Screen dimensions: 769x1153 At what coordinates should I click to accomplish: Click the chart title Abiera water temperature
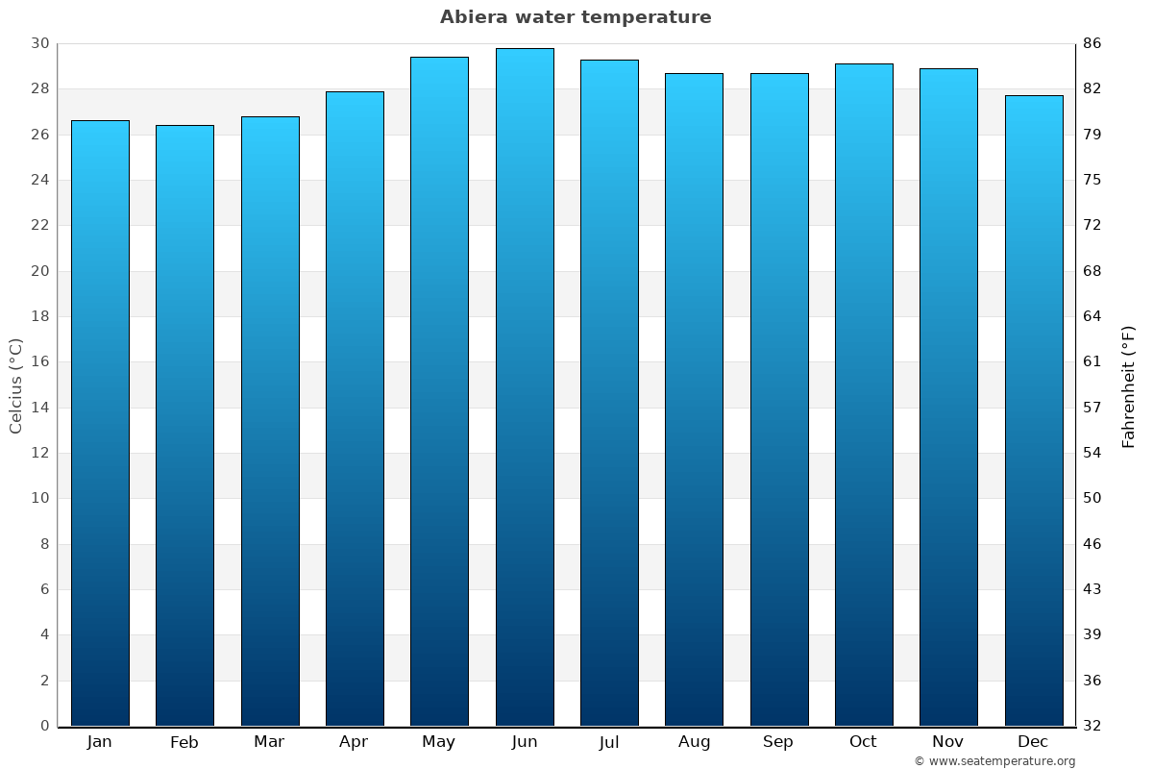[576, 17]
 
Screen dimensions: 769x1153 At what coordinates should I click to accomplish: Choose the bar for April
[355, 409]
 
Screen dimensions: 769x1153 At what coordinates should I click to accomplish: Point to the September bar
[779, 399]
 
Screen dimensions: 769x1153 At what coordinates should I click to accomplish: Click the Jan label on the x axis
[100, 742]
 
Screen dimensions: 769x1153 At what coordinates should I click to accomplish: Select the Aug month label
[694, 742]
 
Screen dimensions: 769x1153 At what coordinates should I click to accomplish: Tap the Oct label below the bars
[863, 742]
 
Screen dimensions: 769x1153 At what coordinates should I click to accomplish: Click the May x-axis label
[439, 742]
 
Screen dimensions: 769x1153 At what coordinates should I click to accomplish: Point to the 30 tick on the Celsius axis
[39, 43]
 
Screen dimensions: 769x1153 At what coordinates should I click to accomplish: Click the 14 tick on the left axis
[39, 408]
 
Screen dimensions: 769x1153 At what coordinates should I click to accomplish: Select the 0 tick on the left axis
[44, 726]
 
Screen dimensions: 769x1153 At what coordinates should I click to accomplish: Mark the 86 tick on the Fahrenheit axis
[1092, 43]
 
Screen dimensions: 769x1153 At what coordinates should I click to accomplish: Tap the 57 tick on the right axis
[1092, 408]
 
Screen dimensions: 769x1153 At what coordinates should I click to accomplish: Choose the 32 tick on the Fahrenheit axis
[1092, 726]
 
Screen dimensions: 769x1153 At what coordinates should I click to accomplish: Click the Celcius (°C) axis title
[15, 385]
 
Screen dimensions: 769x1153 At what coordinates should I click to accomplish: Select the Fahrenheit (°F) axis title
[1129, 385]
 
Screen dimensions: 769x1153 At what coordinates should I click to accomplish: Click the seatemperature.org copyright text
[994, 761]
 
